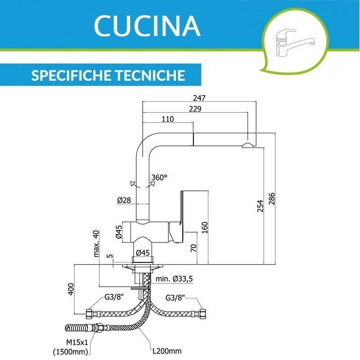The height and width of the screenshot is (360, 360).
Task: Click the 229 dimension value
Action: coord(195,109)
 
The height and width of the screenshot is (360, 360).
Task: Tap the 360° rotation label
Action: coord(159,177)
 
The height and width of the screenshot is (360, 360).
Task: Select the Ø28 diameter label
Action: coord(124,200)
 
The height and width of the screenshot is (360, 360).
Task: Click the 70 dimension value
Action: coord(193,248)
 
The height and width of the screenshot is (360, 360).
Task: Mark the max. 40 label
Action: coord(96,243)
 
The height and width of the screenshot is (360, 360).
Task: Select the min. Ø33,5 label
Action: coord(175,279)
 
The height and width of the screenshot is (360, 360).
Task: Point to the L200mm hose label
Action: coord(167,351)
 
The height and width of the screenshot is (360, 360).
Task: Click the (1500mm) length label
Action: coord(72,351)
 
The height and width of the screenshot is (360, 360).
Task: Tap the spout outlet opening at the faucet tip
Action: coord(247,145)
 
